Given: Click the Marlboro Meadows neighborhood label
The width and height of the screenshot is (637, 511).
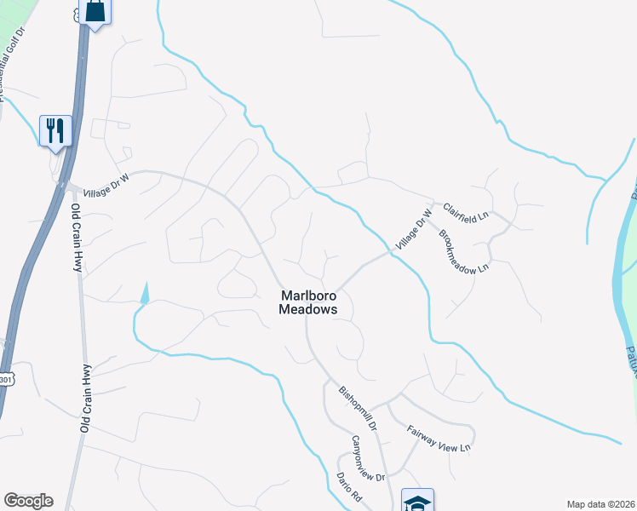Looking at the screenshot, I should tap(308, 302).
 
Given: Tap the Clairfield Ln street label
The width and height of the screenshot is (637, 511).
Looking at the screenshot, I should tap(465, 212).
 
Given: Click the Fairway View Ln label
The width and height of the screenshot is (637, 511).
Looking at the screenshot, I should tap(439, 438).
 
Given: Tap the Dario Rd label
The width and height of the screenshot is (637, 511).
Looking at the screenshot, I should tap(349, 488).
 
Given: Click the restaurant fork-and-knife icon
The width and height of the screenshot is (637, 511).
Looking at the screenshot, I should tap(55, 130).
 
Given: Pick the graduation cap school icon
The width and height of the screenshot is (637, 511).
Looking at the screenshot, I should tap(417, 501).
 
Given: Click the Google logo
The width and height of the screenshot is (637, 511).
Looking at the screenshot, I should tap(28, 501).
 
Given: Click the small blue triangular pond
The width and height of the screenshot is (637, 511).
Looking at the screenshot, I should tap(145, 293).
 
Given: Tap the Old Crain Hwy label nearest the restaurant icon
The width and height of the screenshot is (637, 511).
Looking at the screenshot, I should tap(77, 238).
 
